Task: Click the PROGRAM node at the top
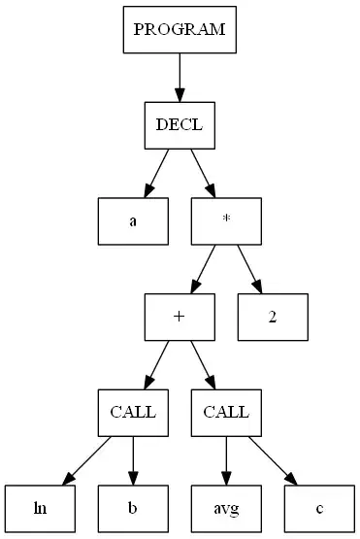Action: click(180, 29)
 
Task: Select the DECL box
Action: click(180, 125)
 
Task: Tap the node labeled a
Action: click(132, 220)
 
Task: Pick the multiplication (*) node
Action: click(226, 220)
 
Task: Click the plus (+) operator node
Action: click(180, 316)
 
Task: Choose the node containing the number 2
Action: click(274, 316)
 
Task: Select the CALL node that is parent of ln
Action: click(132, 411)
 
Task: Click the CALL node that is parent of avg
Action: click(226, 411)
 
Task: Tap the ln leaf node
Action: click(39, 507)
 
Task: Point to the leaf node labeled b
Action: click(132, 507)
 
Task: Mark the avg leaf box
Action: click(226, 507)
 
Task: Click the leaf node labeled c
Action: click(320, 507)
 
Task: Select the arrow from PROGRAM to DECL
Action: click(180, 78)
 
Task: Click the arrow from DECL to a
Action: click(156, 173)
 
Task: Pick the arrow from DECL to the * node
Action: click(203, 173)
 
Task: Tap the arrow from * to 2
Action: click(250, 268)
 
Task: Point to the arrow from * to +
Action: click(203, 268)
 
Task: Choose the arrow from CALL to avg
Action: click(226, 458)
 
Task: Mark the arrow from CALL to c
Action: click(272, 458)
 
